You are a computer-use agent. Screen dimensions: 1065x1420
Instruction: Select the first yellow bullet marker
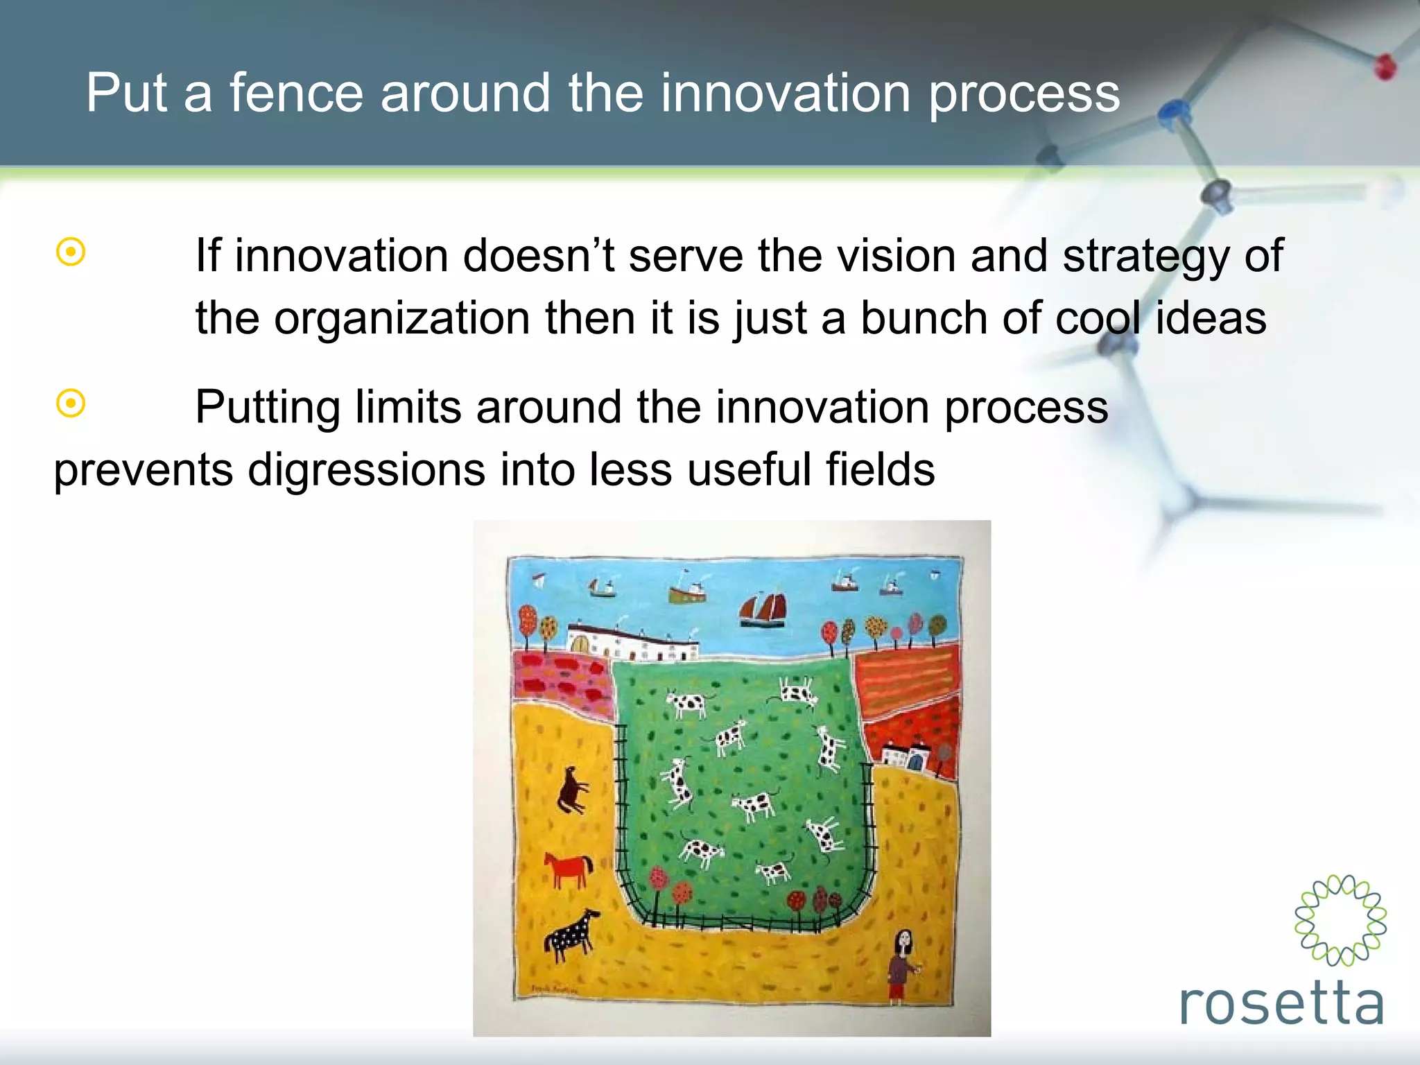pyautogui.click(x=71, y=252)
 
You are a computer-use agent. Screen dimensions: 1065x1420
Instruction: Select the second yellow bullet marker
pyautogui.click(x=71, y=404)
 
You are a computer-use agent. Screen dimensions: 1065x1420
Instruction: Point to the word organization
pyautogui.click(x=402, y=319)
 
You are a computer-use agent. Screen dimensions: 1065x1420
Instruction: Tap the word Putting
pyautogui.click(x=267, y=408)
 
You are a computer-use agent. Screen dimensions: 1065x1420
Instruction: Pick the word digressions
pyautogui.click(x=367, y=470)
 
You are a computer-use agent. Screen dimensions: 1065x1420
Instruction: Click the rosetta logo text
pyautogui.click(x=1281, y=1003)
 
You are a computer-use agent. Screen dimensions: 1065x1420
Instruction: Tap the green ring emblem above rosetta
pyautogui.click(x=1340, y=919)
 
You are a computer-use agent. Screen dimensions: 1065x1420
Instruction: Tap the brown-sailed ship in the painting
pyautogui.click(x=763, y=609)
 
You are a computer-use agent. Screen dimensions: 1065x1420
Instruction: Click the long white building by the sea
pyautogui.click(x=631, y=642)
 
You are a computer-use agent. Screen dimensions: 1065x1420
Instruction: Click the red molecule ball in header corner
pyautogui.click(x=1385, y=67)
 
